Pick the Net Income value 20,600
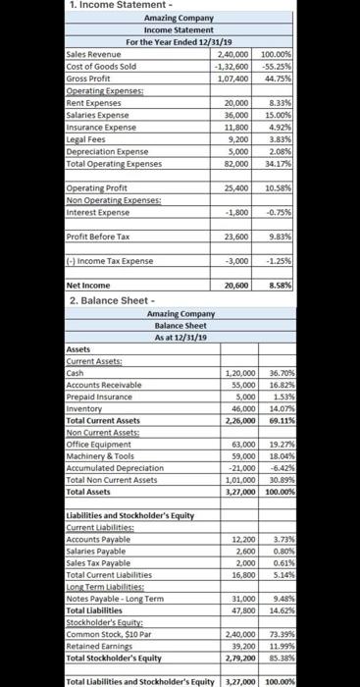pos(234,283)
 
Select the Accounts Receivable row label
pos(103,385)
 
